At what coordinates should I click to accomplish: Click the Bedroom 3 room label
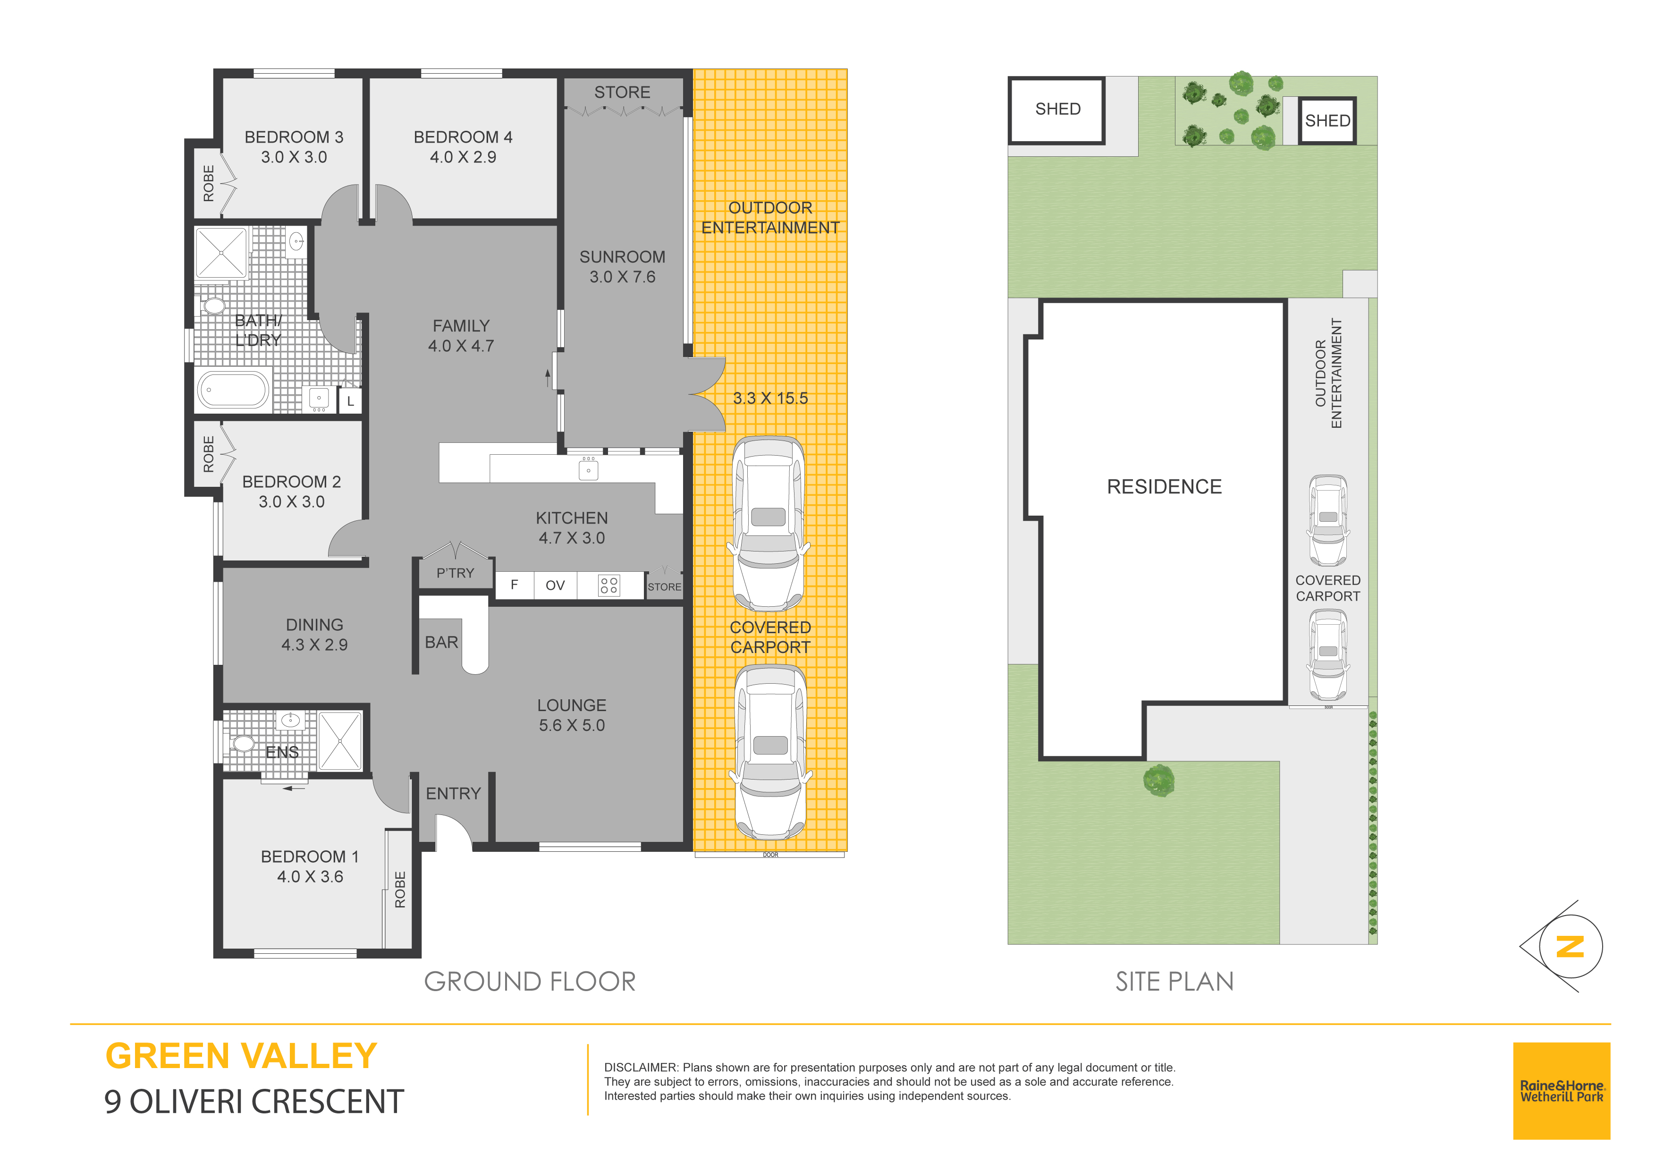coord(294,137)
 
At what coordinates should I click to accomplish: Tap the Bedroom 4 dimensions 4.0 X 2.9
coord(463,157)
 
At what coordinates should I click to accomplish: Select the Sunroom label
coord(623,257)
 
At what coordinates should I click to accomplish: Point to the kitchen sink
coord(589,470)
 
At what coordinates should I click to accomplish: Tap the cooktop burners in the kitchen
coord(609,585)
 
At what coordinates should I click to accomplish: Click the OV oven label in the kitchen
coord(555,585)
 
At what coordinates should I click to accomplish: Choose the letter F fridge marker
coord(514,585)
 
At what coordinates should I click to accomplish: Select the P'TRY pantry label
coord(455,573)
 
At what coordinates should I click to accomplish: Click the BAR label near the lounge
coord(441,642)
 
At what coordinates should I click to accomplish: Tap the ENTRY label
coord(453,794)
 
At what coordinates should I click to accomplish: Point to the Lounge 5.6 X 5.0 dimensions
coord(572,725)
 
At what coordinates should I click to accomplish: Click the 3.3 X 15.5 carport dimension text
coord(770,398)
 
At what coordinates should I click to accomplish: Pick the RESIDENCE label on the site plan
coord(1164,486)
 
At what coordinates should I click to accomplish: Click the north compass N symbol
coord(1570,947)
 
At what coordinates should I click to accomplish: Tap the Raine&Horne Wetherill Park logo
coord(1562,1091)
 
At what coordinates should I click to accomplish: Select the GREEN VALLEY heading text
coord(241,1056)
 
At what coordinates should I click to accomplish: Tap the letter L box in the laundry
coord(351,401)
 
